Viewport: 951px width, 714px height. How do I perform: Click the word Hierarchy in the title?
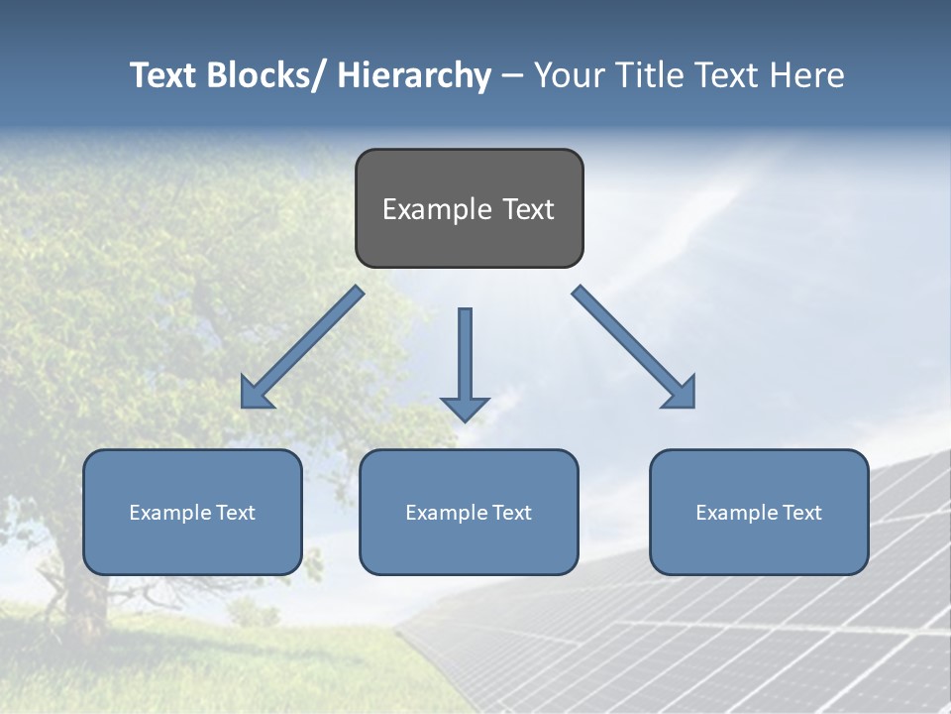pyautogui.click(x=414, y=75)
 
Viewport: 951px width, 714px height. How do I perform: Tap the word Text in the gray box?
pyautogui.click(x=527, y=209)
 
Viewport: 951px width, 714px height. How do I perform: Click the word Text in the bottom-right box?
pyautogui.click(x=800, y=513)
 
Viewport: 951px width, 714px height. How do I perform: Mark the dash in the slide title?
pyautogui.click(x=512, y=76)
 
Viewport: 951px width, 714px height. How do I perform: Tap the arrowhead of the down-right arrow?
pyautogui.click(x=682, y=395)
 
